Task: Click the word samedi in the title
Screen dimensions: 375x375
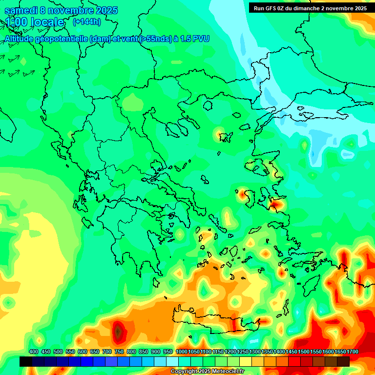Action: pos(21,10)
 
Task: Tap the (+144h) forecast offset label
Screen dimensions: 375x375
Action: pos(86,21)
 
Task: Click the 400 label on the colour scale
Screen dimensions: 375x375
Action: pos(34,352)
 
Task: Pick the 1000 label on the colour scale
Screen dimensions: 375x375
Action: pos(182,352)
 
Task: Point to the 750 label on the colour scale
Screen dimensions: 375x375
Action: pos(119,352)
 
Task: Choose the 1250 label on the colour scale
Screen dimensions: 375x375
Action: pos(243,352)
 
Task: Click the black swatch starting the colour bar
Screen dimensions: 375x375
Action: pos(26,361)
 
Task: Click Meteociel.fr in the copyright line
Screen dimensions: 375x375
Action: pos(229,372)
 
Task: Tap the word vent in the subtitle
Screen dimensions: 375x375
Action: pos(127,39)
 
